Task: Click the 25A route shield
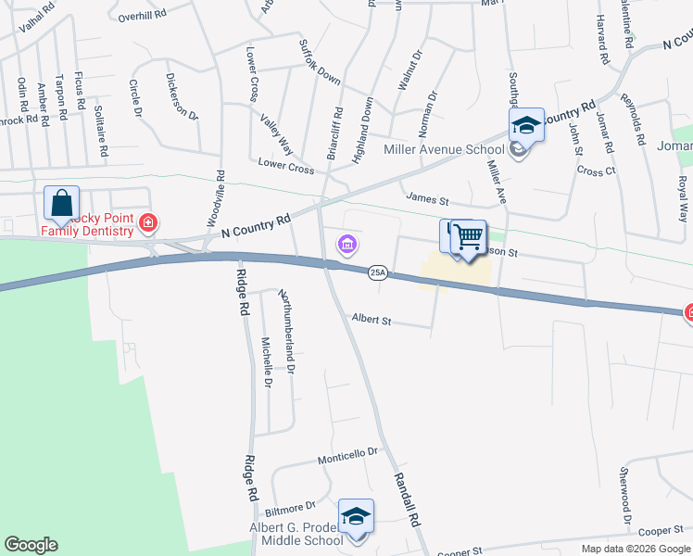pos(377,272)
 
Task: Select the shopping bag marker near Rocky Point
pos(61,203)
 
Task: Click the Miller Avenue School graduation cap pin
pos(526,125)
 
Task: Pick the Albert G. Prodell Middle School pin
pos(356,517)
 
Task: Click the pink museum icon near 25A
pos(347,245)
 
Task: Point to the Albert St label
pos(372,321)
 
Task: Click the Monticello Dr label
pos(348,453)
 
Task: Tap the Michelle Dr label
pos(266,361)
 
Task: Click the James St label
pos(426,198)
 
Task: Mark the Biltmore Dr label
pos(291,507)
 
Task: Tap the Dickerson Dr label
pos(182,96)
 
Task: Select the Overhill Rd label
pos(141,16)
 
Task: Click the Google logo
pos(31,545)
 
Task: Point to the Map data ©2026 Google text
pos(636,549)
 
